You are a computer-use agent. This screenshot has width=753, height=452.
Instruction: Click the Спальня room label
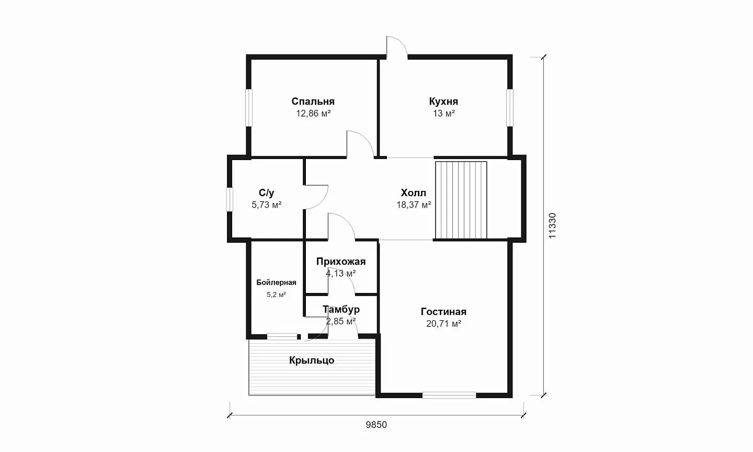pos(313,101)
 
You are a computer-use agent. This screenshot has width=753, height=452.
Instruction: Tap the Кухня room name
pos(443,101)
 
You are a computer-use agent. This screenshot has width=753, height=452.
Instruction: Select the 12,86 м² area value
pos(313,114)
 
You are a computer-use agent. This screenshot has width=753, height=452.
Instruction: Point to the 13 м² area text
pos(444,114)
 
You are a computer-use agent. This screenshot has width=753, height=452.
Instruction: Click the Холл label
pos(414,193)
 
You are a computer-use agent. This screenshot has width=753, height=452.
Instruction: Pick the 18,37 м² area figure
pos(414,205)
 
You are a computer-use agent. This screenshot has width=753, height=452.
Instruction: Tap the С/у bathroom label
pos(267,193)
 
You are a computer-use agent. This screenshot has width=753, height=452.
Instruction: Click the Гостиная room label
pos(443,312)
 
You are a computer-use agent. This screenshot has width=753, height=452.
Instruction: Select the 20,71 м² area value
pos(444,323)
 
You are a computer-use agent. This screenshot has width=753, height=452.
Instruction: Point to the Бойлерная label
pos(276,282)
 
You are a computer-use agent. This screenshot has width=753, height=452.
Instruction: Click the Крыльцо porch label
pos(312,360)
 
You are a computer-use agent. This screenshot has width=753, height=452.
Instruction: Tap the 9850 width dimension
pos(376,425)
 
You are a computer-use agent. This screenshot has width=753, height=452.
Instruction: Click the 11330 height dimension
pos(552,225)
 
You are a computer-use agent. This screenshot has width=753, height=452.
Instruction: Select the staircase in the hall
pos(461,200)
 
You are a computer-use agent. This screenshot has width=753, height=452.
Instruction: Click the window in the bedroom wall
pos(249,108)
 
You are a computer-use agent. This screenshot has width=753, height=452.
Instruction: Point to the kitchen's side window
pos(510,108)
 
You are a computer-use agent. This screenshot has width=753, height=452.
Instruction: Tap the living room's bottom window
pos(449,395)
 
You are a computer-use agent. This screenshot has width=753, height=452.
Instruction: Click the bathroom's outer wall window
pos(230,199)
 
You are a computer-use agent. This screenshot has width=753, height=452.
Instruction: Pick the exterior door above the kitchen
pos(397,48)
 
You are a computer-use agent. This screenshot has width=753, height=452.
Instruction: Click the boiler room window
pos(282,336)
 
